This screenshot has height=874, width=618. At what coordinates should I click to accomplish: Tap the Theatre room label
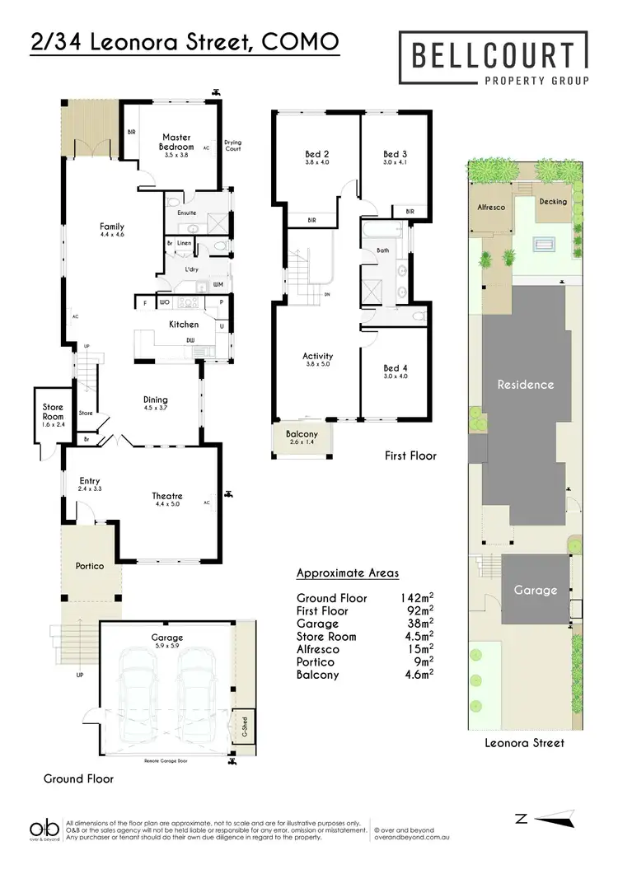tap(167, 496)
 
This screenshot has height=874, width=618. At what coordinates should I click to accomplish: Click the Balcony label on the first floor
tap(301, 433)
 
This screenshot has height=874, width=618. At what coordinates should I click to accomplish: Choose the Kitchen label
tap(184, 325)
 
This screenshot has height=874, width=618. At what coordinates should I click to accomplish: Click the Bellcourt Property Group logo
tap(493, 59)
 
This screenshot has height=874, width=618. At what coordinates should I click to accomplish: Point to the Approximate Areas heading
tap(347, 573)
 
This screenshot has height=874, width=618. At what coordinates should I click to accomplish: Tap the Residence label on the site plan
tap(524, 385)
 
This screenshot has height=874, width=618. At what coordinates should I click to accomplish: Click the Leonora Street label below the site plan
tap(524, 743)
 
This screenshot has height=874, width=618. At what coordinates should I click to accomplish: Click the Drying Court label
tap(232, 146)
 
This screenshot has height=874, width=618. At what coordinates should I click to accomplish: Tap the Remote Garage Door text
tap(166, 760)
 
